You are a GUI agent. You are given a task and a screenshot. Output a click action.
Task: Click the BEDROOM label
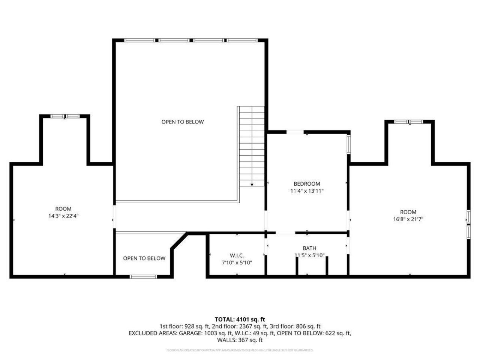pyautogui.click(x=307, y=184)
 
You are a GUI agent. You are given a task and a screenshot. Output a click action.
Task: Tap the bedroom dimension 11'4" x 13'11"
pyautogui.click(x=307, y=191)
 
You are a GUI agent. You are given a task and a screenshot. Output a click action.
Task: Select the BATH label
pyautogui.click(x=309, y=248)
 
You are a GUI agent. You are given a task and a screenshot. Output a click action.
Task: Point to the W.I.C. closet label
pyautogui.click(x=237, y=256)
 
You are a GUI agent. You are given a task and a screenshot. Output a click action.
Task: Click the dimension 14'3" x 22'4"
pyautogui.click(x=63, y=216)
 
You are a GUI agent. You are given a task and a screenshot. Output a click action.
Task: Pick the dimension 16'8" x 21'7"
pyautogui.click(x=408, y=219)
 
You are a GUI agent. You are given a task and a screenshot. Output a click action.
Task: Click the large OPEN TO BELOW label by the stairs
pyautogui.click(x=183, y=122)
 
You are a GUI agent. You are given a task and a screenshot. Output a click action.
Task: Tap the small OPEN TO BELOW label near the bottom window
pyautogui.click(x=144, y=258)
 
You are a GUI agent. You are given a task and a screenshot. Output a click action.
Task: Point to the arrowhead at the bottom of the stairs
pyautogui.click(x=252, y=184)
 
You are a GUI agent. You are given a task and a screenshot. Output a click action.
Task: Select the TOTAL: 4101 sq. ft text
pyautogui.click(x=240, y=319)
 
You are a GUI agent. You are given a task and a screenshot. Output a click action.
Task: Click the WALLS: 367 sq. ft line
pyautogui.click(x=240, y=340)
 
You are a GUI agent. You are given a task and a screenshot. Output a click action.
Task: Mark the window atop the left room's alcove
pyautogui.click(x=65, y=117)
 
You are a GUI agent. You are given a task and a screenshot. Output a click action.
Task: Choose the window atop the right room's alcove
pyautogui.click(x=409, y=121)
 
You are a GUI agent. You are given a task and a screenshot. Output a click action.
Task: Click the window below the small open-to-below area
pyautogui.click(x=143, y=277)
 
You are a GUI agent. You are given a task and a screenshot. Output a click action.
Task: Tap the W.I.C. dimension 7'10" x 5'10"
pyautogui.click(x=237, y=263)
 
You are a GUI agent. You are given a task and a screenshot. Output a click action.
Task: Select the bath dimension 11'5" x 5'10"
pyautogui.click(x=309, y=255)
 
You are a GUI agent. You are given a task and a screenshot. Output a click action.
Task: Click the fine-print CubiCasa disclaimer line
pyautogui.click(x=240, y=350)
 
